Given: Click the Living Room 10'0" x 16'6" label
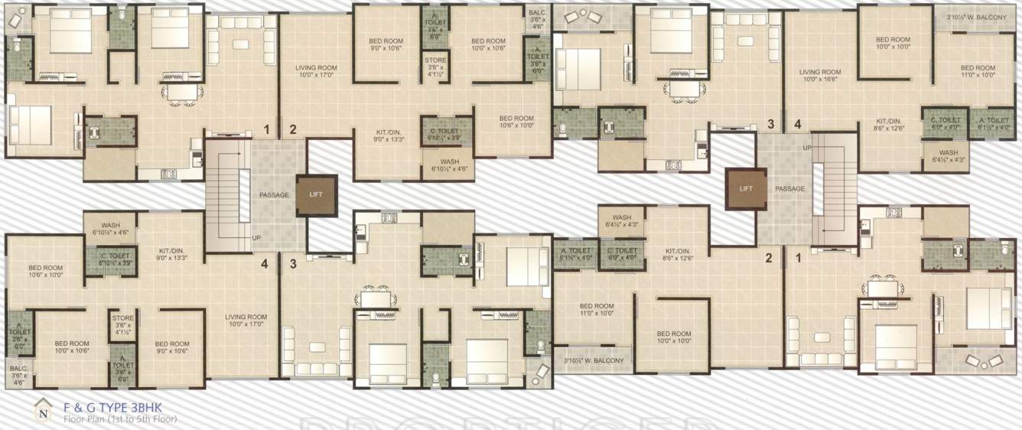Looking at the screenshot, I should tap(820, 75).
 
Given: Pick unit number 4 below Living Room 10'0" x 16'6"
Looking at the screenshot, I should tap(797, 124).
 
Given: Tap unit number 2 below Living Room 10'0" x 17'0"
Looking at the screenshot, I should tap(292, 129).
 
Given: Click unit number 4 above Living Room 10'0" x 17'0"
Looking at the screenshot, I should tap(264, 265).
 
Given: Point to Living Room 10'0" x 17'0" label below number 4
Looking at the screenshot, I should tap(246, 321).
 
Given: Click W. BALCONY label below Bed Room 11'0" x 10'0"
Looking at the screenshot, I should tap(594, 360).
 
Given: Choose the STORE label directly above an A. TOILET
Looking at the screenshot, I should tap(123, 322).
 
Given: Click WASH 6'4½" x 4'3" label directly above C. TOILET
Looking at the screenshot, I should tap(620, 220).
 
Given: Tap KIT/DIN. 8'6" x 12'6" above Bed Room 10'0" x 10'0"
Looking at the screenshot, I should tap(679, 255).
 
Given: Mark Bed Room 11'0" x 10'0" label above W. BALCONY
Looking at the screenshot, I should tap(596, 309).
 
